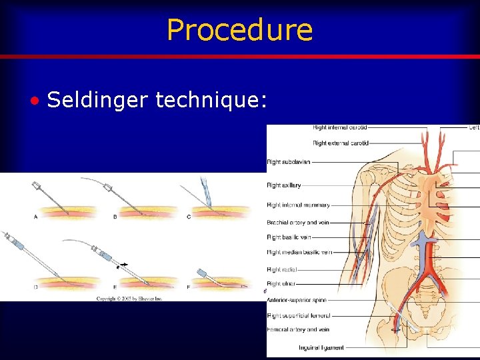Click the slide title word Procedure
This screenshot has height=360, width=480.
239,29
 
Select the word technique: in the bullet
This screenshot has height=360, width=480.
211,100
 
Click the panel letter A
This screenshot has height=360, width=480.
35,216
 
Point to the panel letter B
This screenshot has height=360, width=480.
115,217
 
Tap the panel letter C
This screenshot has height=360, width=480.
189,217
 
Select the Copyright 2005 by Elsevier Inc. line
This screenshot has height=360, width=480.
129,299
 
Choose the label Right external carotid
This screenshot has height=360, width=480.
341,143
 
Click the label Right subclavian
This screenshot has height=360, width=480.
288,162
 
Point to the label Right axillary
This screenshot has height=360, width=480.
283,185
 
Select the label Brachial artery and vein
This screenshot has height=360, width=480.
297,223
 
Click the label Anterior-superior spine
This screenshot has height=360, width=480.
296,301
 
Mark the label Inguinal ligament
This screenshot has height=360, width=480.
303,347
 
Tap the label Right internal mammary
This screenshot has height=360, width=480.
298,205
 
